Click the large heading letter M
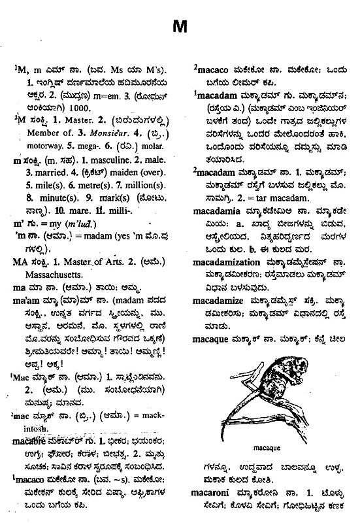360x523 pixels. point(180,27)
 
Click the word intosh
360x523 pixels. point(37,428)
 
